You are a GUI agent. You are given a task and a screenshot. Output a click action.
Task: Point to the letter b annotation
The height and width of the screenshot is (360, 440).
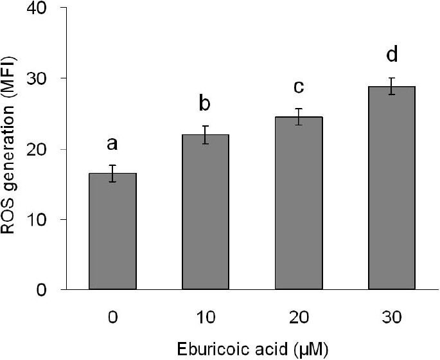click(x=205, y=104)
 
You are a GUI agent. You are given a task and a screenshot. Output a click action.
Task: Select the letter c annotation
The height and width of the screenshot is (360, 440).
click(x=298, y=85)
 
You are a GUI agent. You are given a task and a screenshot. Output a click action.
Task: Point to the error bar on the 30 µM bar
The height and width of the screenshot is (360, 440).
click(x=391, y=86)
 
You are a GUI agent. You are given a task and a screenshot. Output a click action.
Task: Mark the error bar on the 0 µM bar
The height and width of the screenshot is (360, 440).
click(x=112, y=174)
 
